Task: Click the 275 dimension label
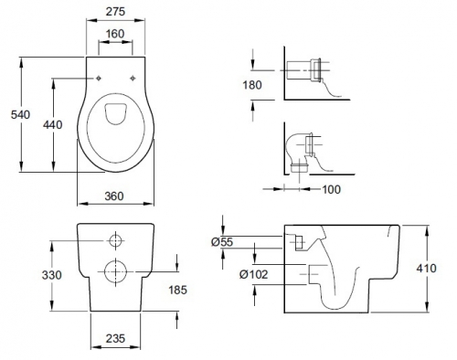coord(115,12)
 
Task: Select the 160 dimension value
coord(115,34)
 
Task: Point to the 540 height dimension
coord(20,115)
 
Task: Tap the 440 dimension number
coord(53,125)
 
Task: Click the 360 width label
coord(114,196)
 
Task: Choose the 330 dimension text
coord(52,275)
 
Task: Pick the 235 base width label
coord(115,338)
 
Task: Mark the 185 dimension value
coord(178,290)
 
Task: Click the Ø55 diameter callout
coord(222,242)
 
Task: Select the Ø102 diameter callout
coord(254,275)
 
